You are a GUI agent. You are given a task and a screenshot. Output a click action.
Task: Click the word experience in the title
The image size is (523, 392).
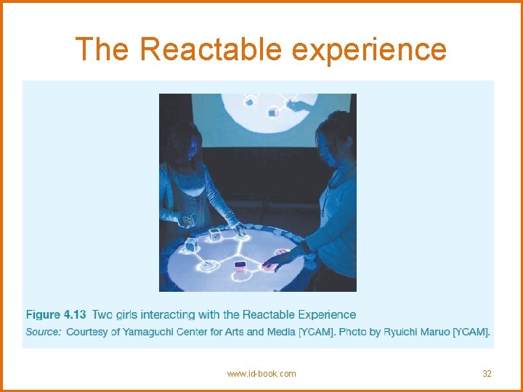point(369,49)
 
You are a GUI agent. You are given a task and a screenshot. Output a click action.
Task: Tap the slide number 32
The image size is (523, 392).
point(487,374)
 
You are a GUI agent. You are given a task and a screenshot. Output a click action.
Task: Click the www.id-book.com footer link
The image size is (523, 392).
point(261,374)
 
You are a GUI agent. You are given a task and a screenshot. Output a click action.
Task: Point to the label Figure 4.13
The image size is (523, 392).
point(56,315)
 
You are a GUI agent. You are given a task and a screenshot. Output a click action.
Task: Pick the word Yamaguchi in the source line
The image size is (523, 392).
point(154,332)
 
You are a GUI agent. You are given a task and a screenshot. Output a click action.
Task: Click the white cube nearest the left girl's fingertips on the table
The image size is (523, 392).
point(216,234)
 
